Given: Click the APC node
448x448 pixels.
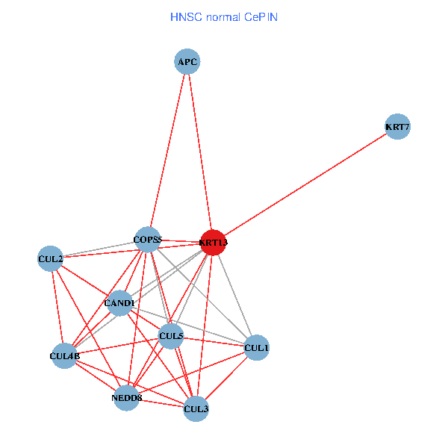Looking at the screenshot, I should click(x=187, y=61).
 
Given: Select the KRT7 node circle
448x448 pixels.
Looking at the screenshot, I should click(x=397, y=127).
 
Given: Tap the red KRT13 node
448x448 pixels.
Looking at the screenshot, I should click(x=213, y=243).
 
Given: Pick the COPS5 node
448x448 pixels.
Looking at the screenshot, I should click(x=148, y=240).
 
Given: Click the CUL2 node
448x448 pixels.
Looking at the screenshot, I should click(x=50, y=259).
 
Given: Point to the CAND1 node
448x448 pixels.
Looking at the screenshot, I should click(x=119, y=303).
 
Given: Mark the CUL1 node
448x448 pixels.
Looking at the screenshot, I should click(x=256, y=348).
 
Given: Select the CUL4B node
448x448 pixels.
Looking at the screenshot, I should click(x=64, y=356).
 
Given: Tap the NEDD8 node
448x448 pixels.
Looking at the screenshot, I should click(x=126, y=398).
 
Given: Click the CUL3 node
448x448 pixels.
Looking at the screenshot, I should click(x=196, y=408).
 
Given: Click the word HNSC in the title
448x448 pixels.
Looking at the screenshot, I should click(x=184, y=16).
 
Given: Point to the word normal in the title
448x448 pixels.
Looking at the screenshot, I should click(x=222, y=16).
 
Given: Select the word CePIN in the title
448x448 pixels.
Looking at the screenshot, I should click(x=261, y=16).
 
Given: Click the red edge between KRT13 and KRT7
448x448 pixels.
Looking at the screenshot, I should click(x=305, y=185).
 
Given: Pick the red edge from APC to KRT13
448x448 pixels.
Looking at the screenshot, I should click(x=199, y=149).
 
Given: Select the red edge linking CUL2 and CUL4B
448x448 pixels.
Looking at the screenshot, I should click(x=57, y=306).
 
